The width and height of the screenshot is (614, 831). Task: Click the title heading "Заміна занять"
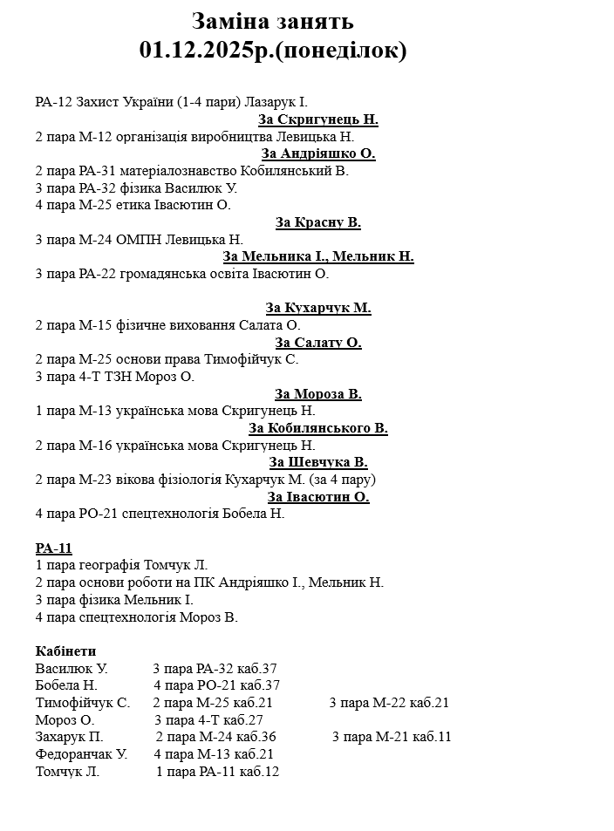point(272,22)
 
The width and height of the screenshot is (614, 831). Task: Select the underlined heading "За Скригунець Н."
point(318,119)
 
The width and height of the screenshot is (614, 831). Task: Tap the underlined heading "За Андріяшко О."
point(318,153)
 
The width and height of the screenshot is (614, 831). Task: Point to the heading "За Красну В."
point(318,222)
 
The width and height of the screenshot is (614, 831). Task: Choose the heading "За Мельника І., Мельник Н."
point(318,256)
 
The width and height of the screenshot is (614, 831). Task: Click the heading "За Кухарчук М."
point(318,308)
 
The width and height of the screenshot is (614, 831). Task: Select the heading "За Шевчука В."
point(318,462)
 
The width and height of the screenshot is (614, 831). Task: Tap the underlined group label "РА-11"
point(54,548)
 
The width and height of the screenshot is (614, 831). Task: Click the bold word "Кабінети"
point(66,651)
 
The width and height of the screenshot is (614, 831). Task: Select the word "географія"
point(111,566)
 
